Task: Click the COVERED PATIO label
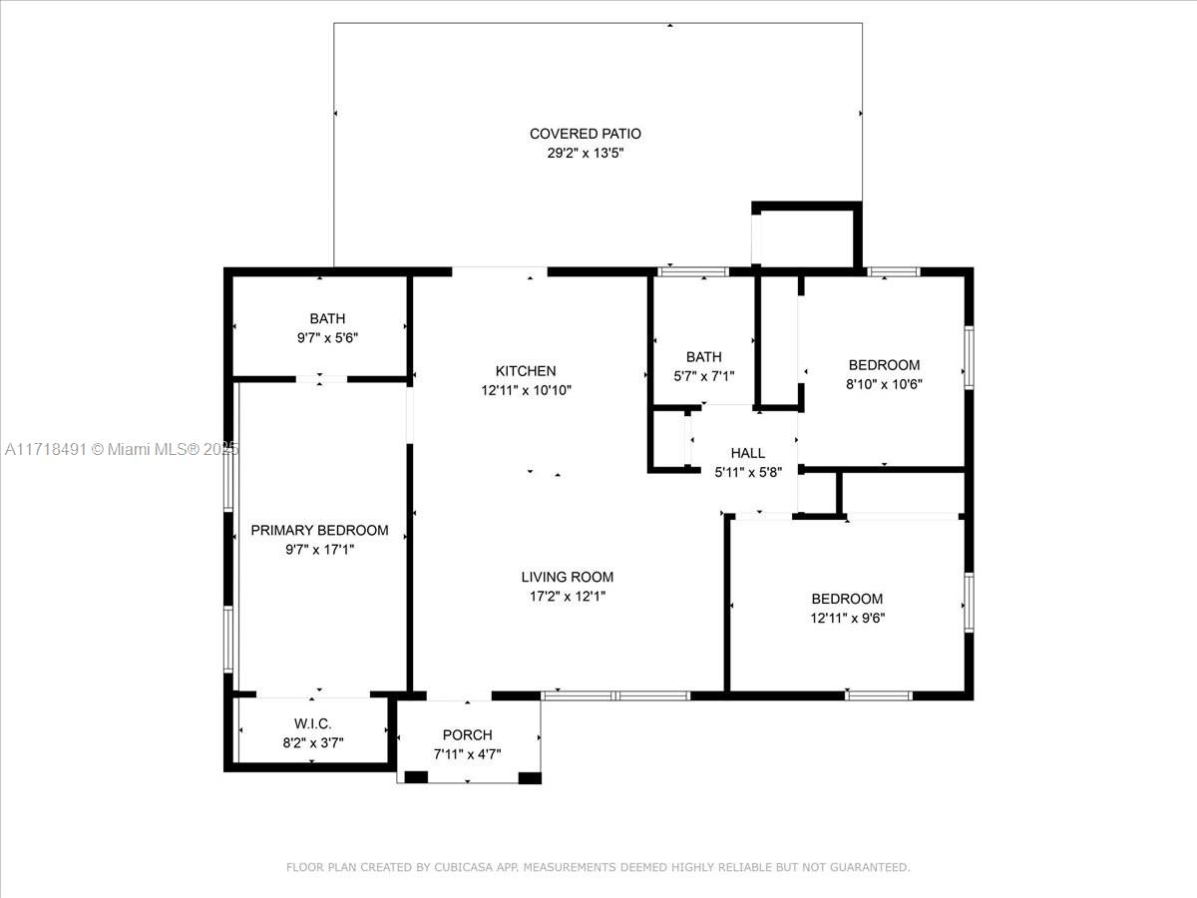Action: click(586, 134)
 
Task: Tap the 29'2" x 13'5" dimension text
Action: click(586, 153)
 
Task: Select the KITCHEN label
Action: click(526, 371)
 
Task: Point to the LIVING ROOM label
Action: click(568, 577)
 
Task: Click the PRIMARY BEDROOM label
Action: click(319, 530)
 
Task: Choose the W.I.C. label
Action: click(312, 723)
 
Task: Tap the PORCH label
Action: click(468, 735)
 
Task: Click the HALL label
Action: click(748, 453)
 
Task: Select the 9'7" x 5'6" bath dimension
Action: click(327, 338)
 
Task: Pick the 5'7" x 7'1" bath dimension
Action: click(704, 376)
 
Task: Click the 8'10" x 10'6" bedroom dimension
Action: click(884, 384)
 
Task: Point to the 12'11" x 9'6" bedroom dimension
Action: click(848, 618)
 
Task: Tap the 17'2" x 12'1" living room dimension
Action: click(568, 596)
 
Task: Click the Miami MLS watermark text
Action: click(122, 449)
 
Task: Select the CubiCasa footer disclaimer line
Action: click(598, 867)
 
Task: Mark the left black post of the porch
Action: click(416, 777)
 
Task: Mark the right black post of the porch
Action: click(530, 777)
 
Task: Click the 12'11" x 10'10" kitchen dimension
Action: click(526, 390)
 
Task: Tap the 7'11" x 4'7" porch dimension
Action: click(468, 754)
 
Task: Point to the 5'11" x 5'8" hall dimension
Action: click(748, 472)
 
